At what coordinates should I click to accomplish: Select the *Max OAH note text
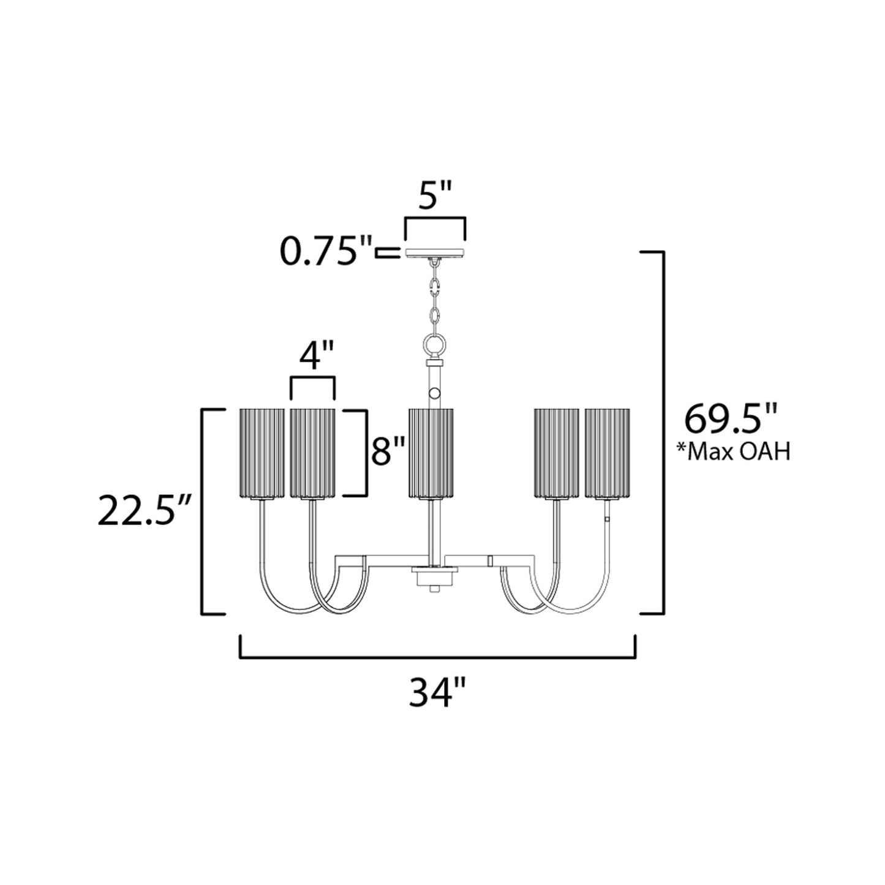click(732, 451)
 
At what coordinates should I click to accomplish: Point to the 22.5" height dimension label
click(145, 511)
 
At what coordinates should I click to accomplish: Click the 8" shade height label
click(389, 453)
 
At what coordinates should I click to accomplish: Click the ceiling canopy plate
click(434, 253)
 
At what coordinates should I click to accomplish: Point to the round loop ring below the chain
click(434, 345)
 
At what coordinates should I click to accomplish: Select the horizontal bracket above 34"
click(437, 657)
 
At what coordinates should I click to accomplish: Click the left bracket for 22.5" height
click(204, 511)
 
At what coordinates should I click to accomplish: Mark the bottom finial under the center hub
click(434, 589)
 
